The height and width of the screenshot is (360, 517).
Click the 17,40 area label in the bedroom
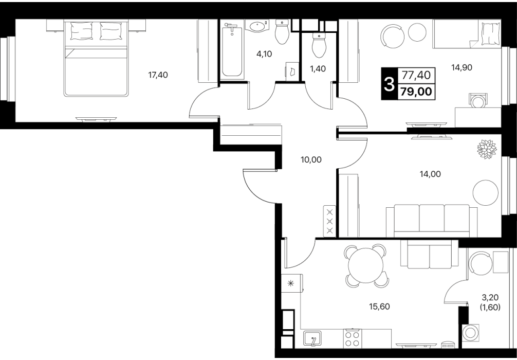(158, 75)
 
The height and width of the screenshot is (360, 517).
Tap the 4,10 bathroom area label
(264, 54)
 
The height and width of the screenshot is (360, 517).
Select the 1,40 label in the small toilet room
(318, 69)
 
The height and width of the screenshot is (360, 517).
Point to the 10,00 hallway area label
(311, 160)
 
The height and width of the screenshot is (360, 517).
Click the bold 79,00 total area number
(416, 92)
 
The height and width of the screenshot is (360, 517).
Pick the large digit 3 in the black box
(390, 84)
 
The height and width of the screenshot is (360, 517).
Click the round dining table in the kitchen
(366, 265)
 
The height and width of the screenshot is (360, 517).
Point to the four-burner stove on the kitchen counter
(352, 338)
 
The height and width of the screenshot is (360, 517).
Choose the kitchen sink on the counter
(312, 338)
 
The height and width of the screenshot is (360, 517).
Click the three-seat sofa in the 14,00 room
(432, 221)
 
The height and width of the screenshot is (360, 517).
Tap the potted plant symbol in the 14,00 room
(487, 149)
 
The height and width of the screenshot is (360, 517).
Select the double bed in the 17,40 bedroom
(96, 59)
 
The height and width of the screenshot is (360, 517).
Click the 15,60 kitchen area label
(379, 307)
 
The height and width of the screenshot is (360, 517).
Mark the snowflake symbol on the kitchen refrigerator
(290, 283)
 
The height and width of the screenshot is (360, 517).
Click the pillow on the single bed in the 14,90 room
(491, 33)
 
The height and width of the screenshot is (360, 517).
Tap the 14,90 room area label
(461, 68)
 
